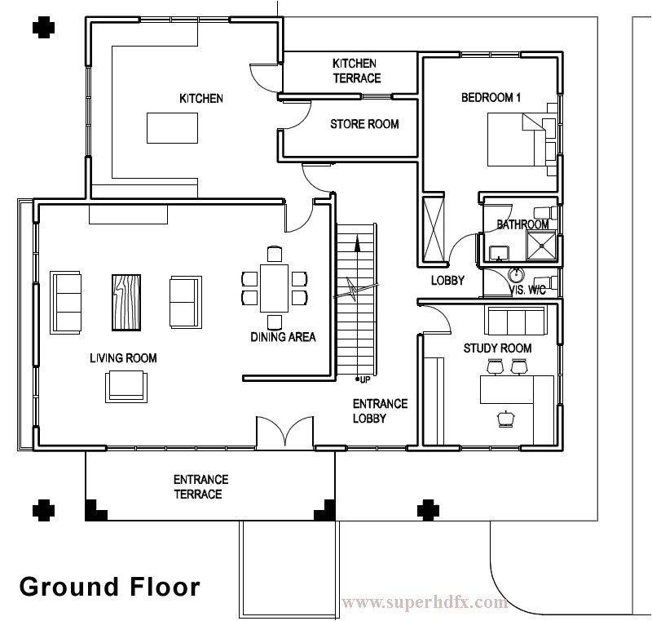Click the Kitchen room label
200,99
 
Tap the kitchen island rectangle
173,127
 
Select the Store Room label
364,124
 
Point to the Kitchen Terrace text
356,71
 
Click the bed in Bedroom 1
517,140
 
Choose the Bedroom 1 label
491,98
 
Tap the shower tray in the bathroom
542,245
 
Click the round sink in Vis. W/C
515,275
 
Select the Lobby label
447,281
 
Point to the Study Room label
497,348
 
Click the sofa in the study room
515,322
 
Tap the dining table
275,288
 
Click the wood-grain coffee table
126,301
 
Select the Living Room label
123,358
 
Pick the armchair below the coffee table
126,386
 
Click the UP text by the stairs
364,379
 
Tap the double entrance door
284,432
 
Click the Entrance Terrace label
200,487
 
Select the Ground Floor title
108,586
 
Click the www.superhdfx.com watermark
425,603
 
